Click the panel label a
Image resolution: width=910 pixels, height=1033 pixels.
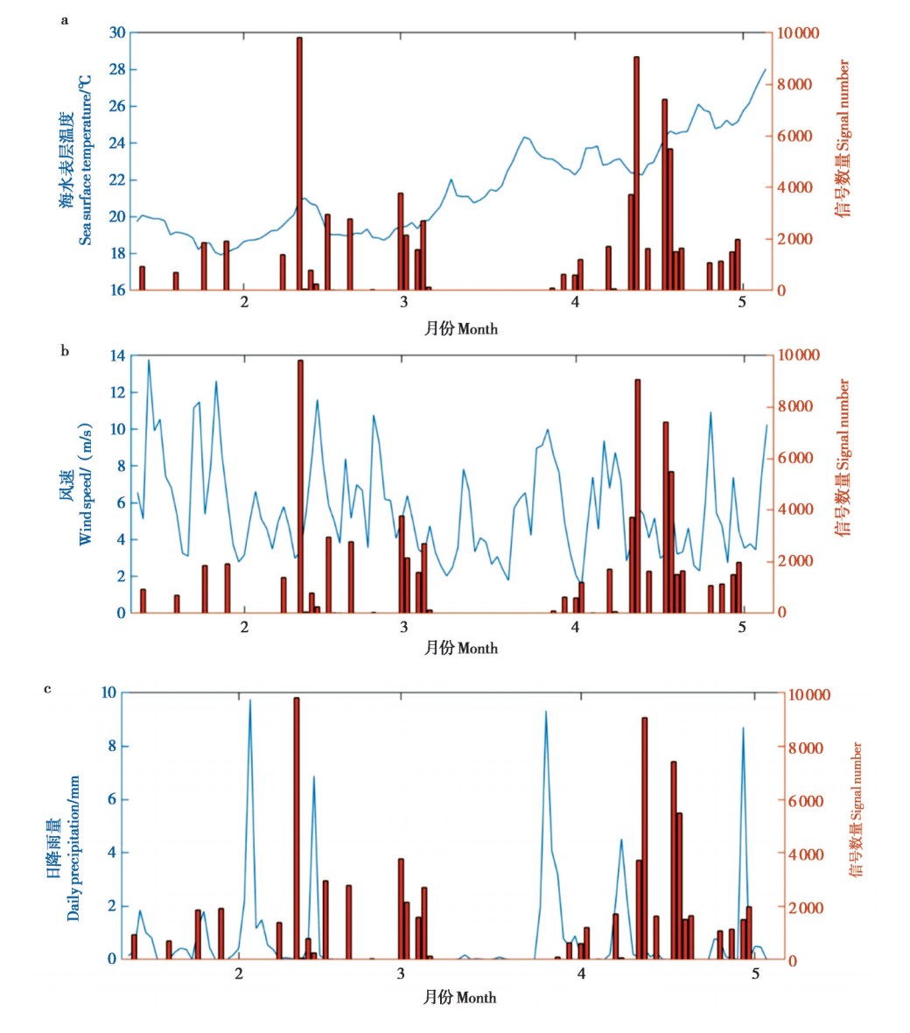64,19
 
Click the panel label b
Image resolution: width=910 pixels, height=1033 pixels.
65,351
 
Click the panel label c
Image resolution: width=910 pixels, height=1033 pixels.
47,689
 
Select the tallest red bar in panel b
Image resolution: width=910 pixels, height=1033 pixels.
300,486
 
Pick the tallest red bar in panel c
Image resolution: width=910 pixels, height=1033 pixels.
297,827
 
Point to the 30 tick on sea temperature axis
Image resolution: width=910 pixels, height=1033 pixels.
117,33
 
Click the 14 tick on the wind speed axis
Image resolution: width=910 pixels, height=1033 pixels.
117,355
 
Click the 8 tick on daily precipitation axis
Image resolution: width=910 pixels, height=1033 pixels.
111,747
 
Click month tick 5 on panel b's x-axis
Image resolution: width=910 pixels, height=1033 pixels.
742,628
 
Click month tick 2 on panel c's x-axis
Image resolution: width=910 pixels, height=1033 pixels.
239,973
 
